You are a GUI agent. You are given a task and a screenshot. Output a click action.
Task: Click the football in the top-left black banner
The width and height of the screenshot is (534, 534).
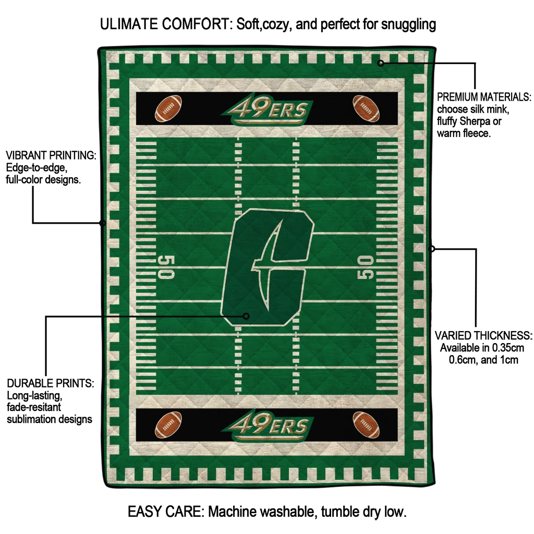(168, 108)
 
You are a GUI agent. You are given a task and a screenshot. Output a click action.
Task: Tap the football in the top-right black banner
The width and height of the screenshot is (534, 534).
(366, 108)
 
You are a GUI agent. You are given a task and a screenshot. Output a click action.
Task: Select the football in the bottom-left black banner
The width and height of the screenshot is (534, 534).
(168, 424)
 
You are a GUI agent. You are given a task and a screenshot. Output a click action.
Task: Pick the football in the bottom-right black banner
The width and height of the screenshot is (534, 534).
(366, 424)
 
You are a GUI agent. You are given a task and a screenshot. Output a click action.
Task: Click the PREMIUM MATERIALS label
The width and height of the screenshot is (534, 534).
(484, 97)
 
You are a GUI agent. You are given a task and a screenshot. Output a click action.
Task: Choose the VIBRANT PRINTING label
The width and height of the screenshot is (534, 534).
(51, 155)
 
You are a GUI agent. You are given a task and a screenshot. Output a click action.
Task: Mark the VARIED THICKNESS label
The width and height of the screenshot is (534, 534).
(483, 335)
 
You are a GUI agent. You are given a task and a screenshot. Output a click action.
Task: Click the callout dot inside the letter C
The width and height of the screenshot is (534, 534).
(247, 316)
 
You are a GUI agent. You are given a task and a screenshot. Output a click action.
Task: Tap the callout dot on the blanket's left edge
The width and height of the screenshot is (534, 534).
(103, 223)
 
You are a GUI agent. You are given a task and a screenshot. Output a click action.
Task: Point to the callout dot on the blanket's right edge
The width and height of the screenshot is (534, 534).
(431, 249)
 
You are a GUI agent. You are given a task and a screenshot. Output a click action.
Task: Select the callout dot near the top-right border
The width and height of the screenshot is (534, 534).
(381, 63)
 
